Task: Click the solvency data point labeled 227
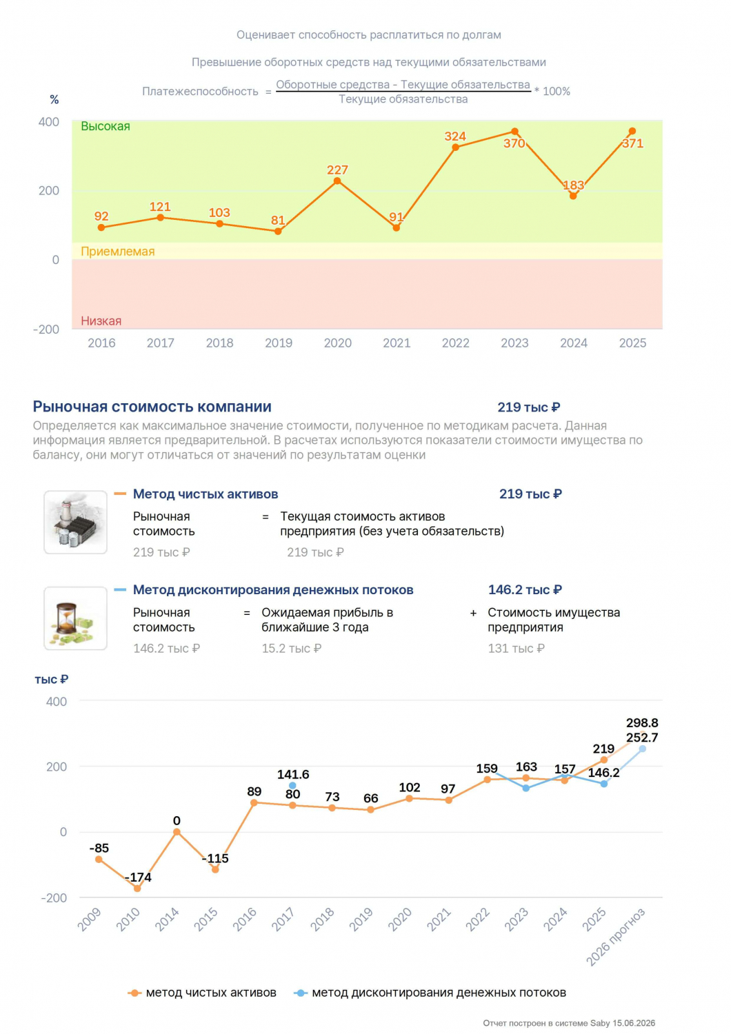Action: (337, 181)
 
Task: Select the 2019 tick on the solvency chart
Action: (279, 343)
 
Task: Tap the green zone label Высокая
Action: (106, 126)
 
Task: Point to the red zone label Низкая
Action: (101, 321)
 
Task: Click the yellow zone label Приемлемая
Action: (118, 252)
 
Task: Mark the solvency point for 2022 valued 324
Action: (455, 148)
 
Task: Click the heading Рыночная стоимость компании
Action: (152, 407)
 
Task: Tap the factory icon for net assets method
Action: (75, 522)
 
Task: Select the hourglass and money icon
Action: (75, 618)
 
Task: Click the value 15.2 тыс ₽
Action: (292, 649)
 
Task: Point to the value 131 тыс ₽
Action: (517, 649)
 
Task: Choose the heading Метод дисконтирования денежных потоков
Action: (273, 590)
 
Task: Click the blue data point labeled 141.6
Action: (292, 786)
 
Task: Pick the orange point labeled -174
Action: (137, 889)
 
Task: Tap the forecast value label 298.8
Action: (642, 723)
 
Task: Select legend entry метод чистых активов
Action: (202, 993)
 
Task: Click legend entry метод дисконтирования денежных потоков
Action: (430, 993)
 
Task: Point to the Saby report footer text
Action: (569, 1024)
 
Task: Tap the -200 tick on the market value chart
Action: (54, 898)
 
